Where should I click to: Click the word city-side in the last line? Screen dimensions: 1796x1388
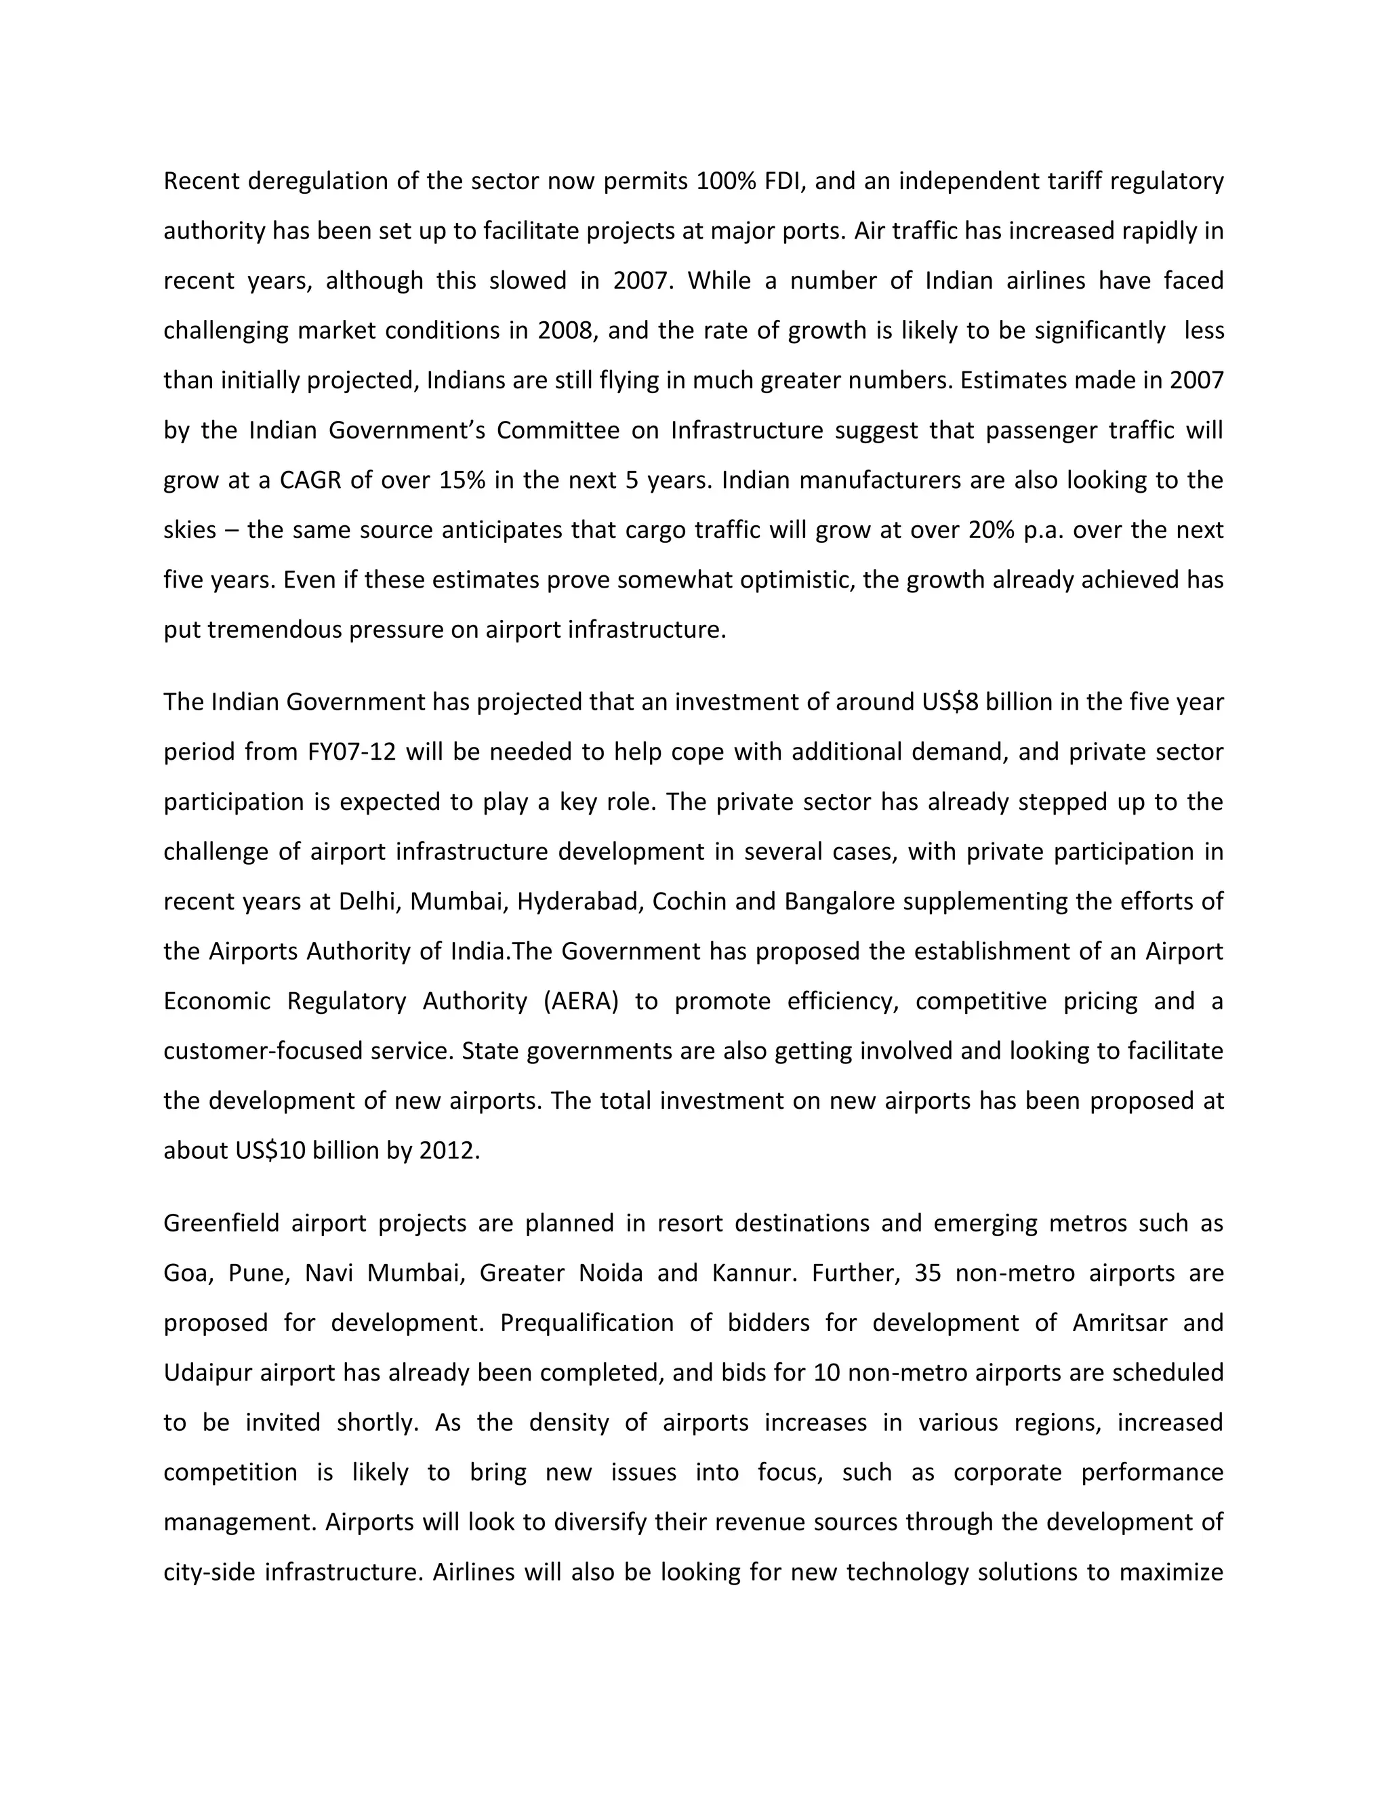pyautogui.click(x=209, y=1572)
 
